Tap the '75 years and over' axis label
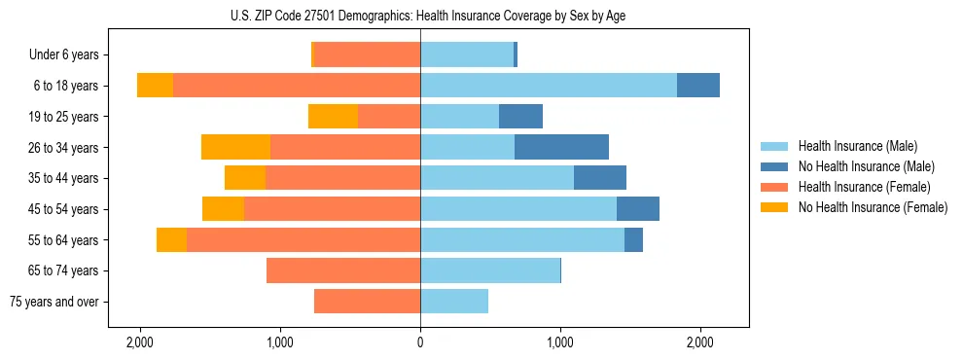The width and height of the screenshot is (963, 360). click(54, 302)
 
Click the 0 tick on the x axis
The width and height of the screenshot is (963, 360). click(420, 342)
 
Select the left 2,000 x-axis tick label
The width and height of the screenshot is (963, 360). click(140, 342)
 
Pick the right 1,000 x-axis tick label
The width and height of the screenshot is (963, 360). click(560, 342)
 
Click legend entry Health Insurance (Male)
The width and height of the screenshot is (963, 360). click(858, 146)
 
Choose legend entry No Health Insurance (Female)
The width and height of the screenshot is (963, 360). click(873, 207)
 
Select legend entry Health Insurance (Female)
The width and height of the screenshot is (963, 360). click(865, 187)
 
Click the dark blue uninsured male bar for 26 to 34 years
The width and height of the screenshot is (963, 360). click(561, 148)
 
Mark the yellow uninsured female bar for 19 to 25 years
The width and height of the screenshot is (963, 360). click(333, 117)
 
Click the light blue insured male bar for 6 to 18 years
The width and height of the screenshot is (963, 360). click(549, 86)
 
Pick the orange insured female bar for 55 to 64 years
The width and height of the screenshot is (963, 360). click(303, 240)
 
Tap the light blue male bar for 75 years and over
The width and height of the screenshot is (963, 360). click(454, 302)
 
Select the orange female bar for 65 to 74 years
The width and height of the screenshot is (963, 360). click(343, 270)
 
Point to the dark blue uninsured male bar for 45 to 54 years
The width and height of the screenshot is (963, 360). click(638, 209)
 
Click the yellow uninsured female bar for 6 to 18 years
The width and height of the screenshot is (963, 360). click(155, 86)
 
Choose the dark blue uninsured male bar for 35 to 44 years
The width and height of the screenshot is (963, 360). click(600, 178)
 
